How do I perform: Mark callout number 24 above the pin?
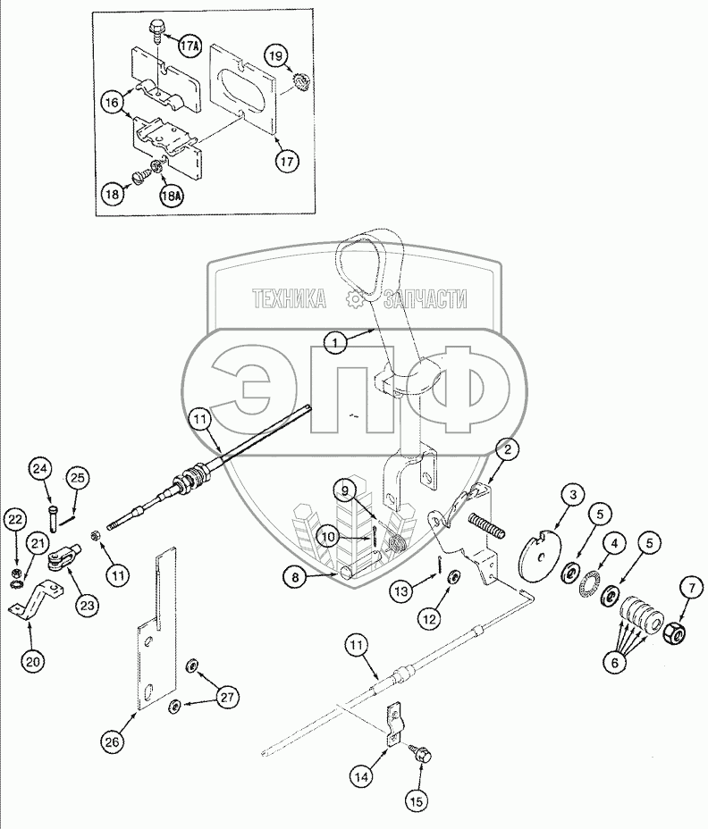point(40,468)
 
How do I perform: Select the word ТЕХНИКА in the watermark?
point(288,300)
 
